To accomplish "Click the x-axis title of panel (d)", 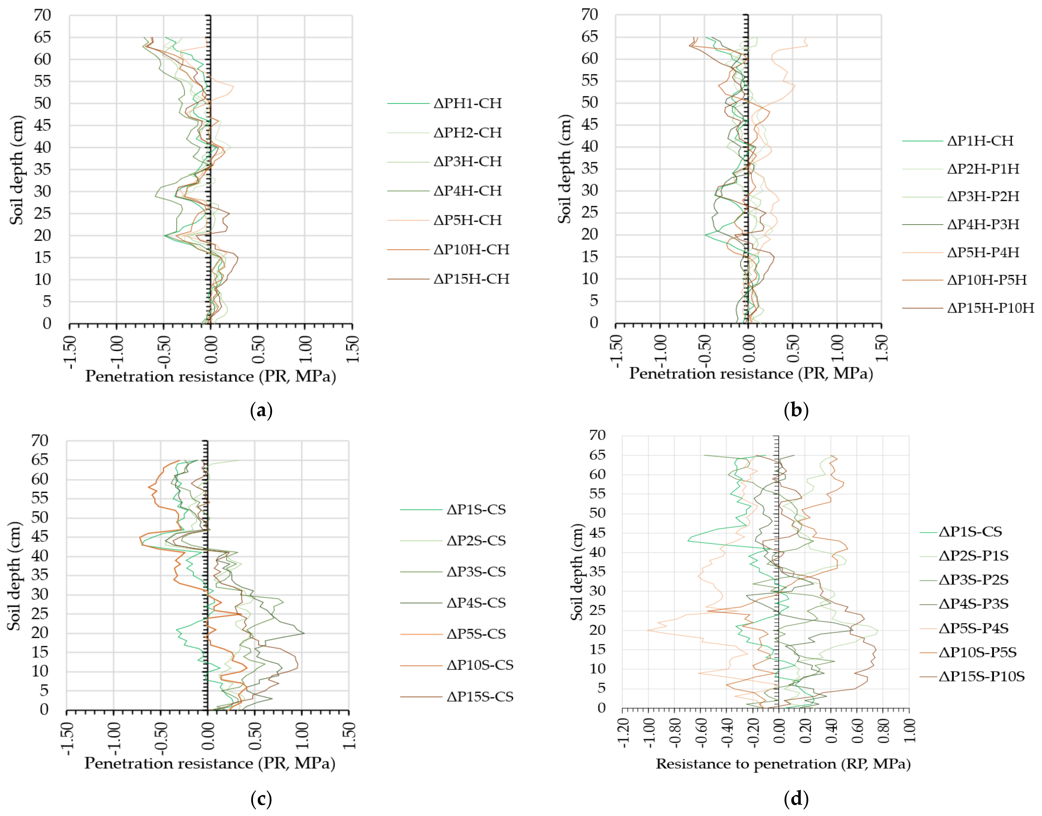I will coord(783,764).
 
